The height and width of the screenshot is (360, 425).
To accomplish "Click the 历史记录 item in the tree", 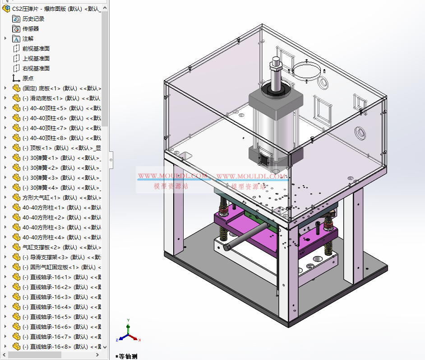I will (x=33, y=19).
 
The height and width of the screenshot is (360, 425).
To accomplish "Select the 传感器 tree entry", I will (x=31, y=29).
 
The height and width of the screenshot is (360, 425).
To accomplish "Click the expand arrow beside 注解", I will (x=5, y=39).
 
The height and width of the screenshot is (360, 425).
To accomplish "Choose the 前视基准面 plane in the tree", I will (x=36, y=49).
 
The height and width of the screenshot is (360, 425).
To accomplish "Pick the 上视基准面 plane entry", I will (x=36, y=59).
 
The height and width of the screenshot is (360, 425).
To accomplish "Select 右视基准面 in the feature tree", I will (x=36, y=69).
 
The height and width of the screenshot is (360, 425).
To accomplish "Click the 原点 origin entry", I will (x=28, y=78).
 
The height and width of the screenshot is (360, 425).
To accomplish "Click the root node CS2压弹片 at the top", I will (x=54, y=9).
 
